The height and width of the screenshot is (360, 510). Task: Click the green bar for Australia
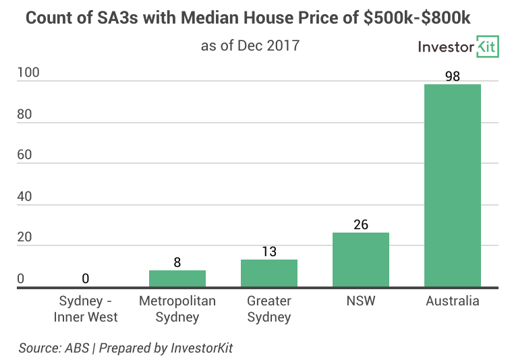click(452, 185)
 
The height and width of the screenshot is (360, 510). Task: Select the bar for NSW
click(361, 260)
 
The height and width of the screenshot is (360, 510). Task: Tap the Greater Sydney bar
click(269, 273)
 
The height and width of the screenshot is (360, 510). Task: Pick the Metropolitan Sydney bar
click(177, 278)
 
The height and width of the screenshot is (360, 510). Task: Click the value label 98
click(452, 76)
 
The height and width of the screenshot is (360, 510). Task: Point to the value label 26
click(361, 224)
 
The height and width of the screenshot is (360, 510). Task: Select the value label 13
click(269, 251)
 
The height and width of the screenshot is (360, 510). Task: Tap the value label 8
click(177, 262)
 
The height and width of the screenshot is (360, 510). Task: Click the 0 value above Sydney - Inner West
click(86, 278)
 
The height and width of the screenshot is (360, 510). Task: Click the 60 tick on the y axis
click(26, 155)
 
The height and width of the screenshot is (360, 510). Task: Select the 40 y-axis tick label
click(26, 196)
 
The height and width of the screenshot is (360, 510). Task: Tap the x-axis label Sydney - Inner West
click(86, 309)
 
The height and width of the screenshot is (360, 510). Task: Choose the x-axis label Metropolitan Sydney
click(177, 309)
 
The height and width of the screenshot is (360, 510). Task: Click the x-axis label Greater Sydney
click(269, 309)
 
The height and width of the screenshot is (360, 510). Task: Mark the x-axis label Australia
click(452, 301)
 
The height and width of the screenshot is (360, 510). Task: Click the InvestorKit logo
click(457, 47)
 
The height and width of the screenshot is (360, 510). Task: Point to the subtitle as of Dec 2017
click(250, 46)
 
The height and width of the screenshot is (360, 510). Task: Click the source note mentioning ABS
click(126, 348)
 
